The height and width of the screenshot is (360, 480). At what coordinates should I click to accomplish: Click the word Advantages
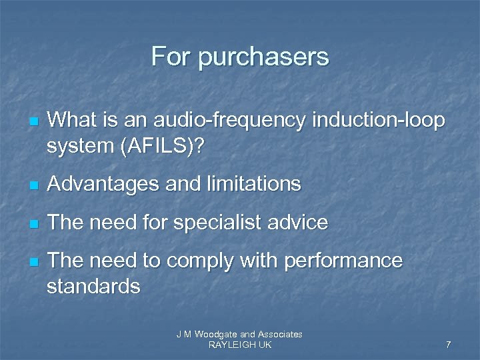tap(109, 183)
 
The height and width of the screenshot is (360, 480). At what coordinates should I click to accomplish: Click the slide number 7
tap(448, 345)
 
